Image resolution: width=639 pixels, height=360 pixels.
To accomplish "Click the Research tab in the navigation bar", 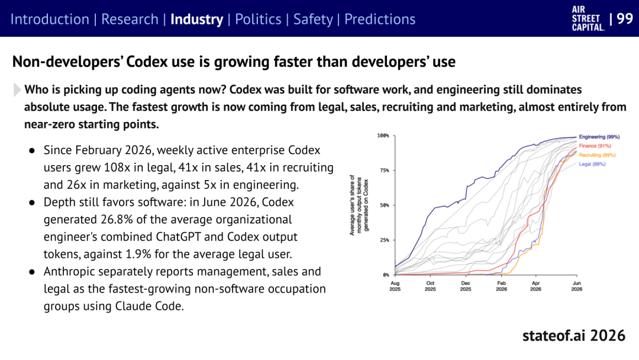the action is (130, 19).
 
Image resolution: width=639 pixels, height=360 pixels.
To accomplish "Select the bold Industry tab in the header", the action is (197, 20).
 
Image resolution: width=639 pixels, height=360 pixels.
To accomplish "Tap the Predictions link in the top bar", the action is (380, 19).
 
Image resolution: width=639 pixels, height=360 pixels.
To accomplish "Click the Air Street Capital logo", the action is (588, 19).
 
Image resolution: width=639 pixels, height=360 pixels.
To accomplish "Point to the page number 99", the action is (625, 18).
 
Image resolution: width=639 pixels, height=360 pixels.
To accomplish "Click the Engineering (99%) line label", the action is (599, 137).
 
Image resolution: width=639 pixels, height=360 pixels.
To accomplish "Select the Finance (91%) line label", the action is (595, 146).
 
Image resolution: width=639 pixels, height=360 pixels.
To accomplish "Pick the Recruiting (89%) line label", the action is (597, 155).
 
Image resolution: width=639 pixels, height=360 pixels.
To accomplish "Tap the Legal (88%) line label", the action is (592, 164).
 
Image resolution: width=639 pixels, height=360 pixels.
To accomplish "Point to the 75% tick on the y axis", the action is (385, 171).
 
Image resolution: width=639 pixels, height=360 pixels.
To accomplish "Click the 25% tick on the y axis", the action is (385, 240).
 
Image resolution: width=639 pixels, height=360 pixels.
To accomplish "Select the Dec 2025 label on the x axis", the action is (466, 286).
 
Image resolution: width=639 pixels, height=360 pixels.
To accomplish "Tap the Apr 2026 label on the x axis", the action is (535, 286).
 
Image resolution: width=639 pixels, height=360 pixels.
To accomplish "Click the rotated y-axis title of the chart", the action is (359, 205).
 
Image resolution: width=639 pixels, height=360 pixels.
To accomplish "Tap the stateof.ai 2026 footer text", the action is (574, 336).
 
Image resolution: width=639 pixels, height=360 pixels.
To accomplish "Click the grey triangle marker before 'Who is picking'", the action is (17, 89).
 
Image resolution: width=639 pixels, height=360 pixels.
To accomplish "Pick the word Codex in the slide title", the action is (147, 62).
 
